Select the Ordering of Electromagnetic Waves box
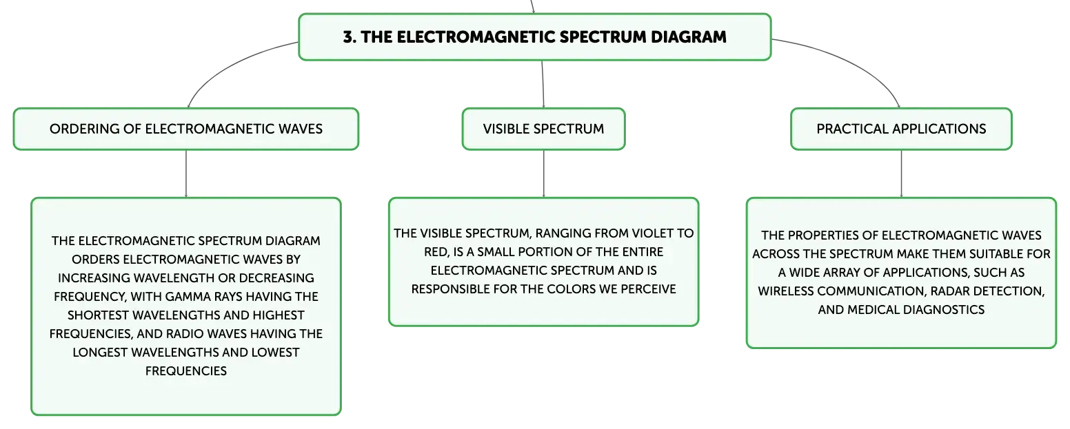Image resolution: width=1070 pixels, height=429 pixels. pyautogui.click(x=186, y=129)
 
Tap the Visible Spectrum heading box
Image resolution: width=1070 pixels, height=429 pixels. pyautogui.click(x=543, y=129)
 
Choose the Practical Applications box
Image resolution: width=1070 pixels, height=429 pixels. pyautogui.click(x=901, y=129)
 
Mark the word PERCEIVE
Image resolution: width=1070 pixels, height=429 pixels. pyautogui.click(x=648, y=289)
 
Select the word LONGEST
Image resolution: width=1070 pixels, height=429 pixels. pyautogui.click(x=100, y=352)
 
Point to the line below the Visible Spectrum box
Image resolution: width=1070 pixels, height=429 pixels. pyautogui.click(x=543, y=174)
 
